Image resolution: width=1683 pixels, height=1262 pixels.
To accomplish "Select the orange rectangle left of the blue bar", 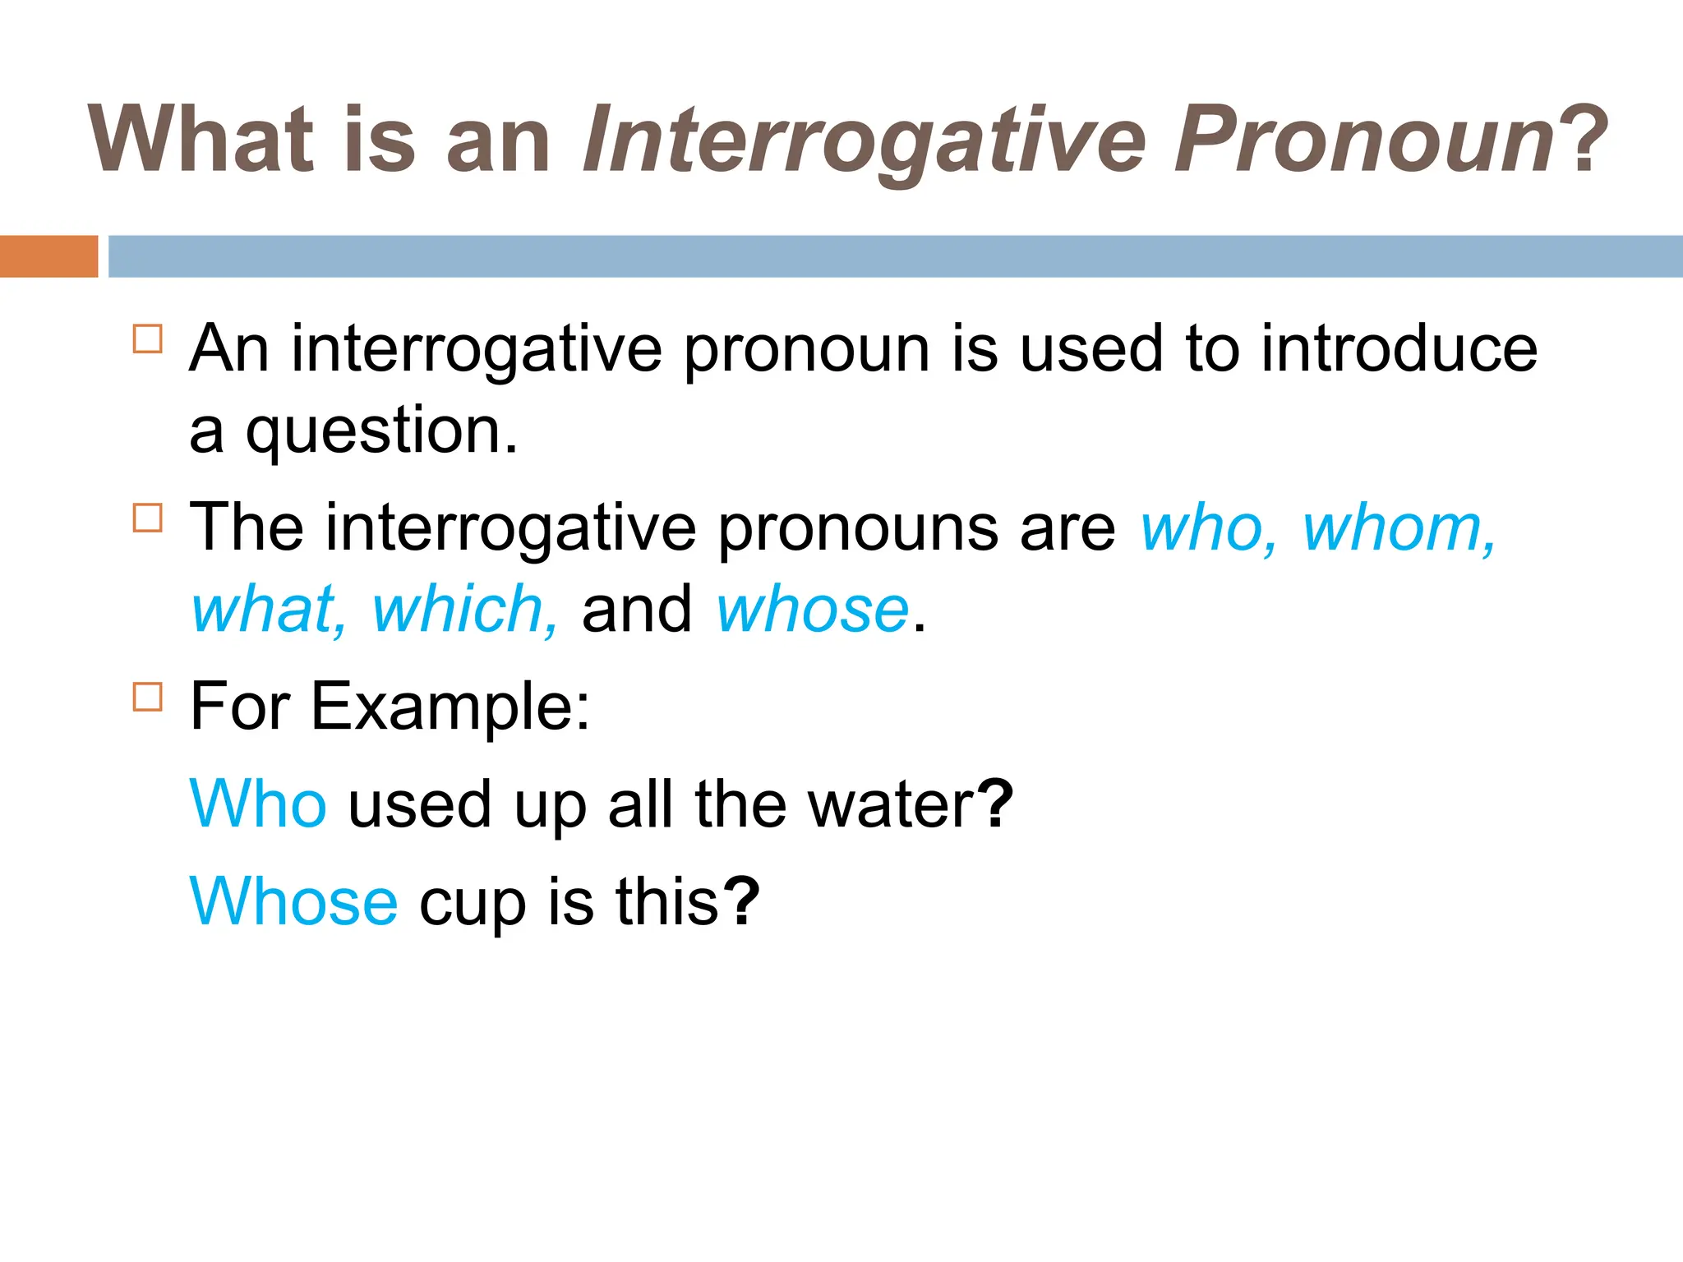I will (48, 256).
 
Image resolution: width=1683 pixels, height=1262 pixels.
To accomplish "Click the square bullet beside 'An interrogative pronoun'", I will (148, 339).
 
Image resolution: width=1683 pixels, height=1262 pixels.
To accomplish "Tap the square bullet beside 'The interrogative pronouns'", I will (148, 518).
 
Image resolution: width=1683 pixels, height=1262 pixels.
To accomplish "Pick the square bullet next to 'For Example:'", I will (148, 697).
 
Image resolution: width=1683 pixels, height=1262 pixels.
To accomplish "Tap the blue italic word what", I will (268, 610).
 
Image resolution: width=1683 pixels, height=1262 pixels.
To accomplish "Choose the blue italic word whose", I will (812, 610).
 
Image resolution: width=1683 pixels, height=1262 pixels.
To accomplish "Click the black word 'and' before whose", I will (637, 610).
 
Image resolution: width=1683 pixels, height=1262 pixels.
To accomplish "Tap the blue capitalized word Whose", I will (293, 901).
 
